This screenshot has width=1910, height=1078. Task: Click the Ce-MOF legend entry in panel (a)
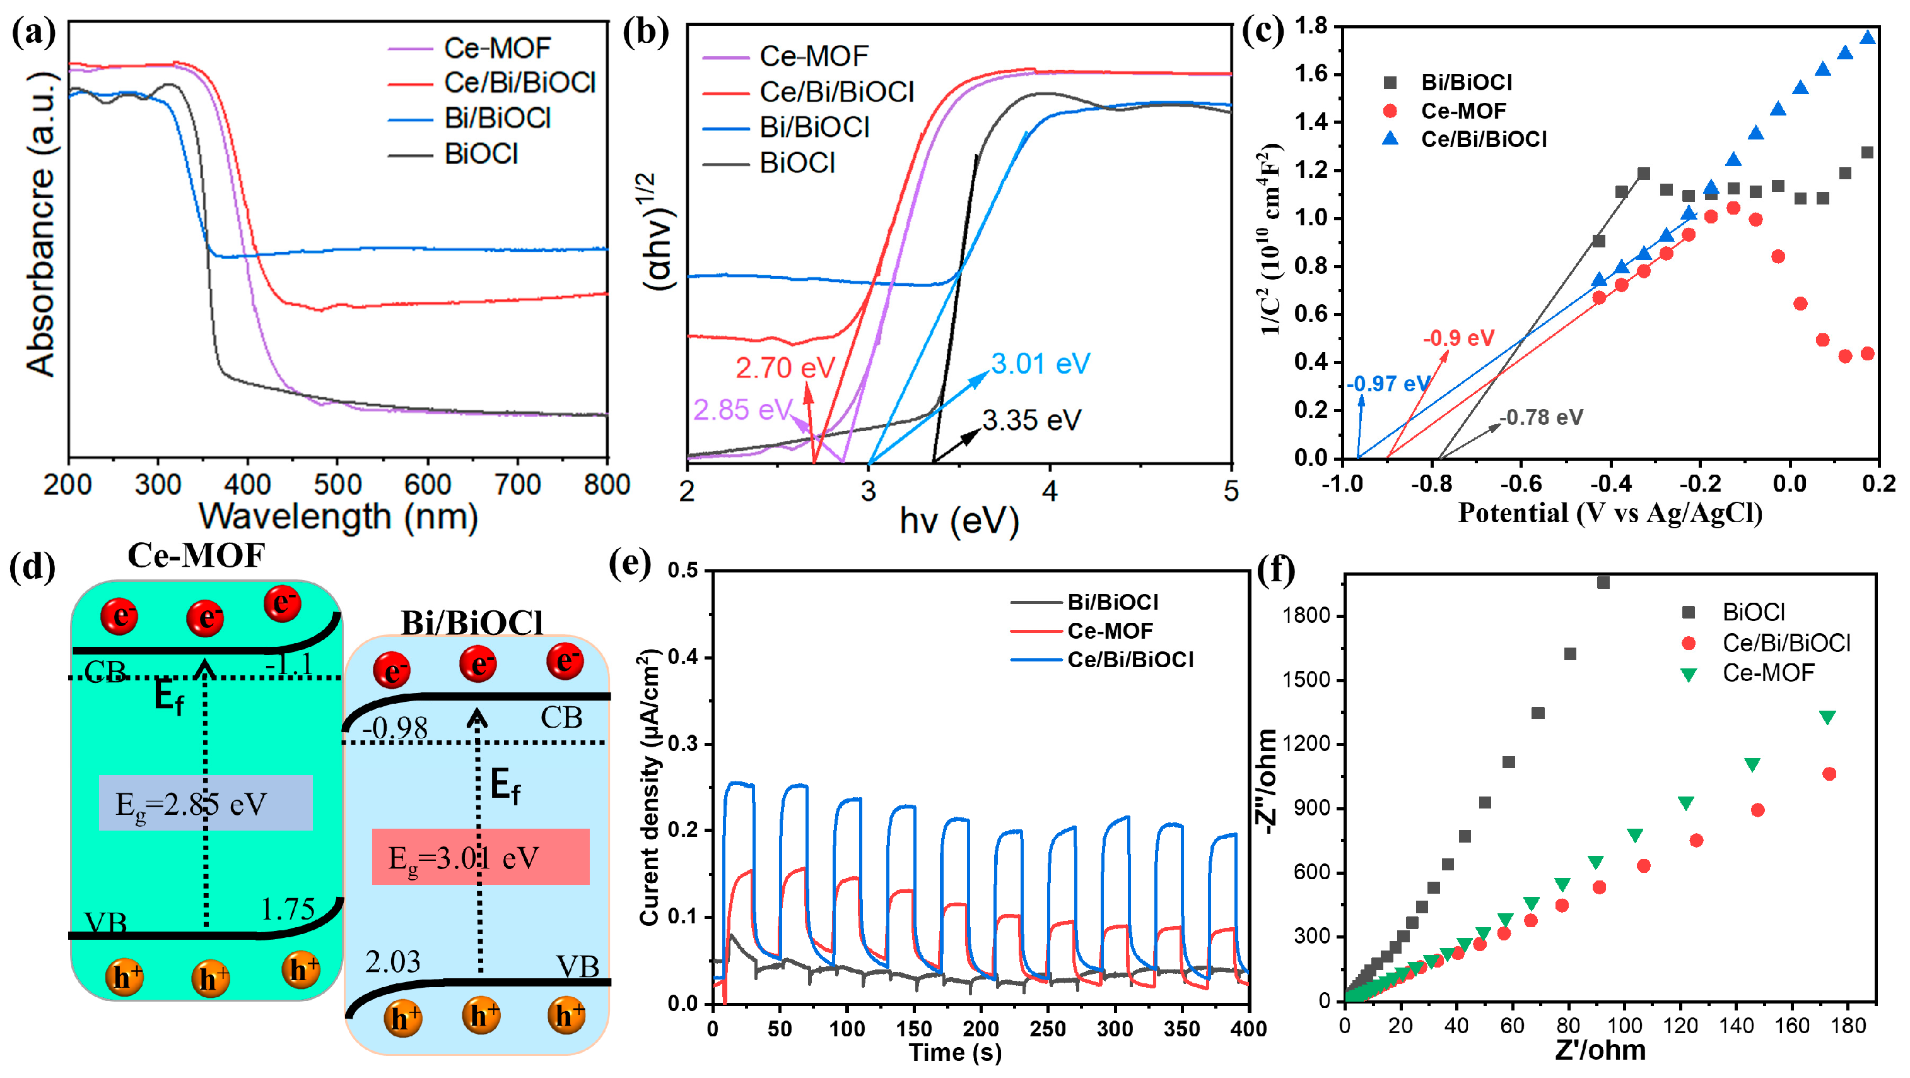497,48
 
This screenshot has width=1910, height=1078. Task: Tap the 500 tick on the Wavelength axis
337,485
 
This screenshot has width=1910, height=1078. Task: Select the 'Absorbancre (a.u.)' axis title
42,224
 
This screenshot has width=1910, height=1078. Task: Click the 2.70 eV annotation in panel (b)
785,368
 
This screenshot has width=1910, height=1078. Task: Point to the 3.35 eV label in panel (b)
1031,420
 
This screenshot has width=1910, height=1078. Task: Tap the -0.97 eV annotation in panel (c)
1387,384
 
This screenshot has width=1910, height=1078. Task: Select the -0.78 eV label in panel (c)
1542,417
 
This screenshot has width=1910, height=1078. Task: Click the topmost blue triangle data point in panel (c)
1868,38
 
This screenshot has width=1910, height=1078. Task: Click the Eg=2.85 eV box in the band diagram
206,803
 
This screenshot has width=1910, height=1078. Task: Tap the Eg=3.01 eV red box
481,858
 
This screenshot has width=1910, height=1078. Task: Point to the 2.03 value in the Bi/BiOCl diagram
392,962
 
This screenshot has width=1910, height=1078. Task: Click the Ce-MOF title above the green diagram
196,555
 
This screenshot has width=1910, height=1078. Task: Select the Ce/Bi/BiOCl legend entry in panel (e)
1130,660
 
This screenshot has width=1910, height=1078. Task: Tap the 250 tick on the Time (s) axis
1048,1028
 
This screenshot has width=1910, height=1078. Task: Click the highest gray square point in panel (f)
1603,583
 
